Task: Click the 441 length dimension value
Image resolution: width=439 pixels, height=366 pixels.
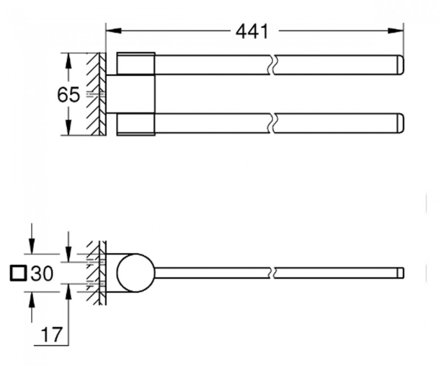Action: tap(252, 31)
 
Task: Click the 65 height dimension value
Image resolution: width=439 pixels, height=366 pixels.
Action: tap(68, 95)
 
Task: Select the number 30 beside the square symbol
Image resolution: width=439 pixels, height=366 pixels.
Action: tap(42, 273)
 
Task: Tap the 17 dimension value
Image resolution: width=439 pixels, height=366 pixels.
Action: tap(51, 334)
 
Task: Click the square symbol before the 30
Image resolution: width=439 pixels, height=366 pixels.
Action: tap(19, 273)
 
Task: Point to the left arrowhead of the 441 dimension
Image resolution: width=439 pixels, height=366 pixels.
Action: tap(114, 30)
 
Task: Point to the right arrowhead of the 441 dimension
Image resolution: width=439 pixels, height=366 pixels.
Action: tap(396, 30)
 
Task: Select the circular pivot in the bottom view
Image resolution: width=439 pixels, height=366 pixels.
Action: tap(136, 273)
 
